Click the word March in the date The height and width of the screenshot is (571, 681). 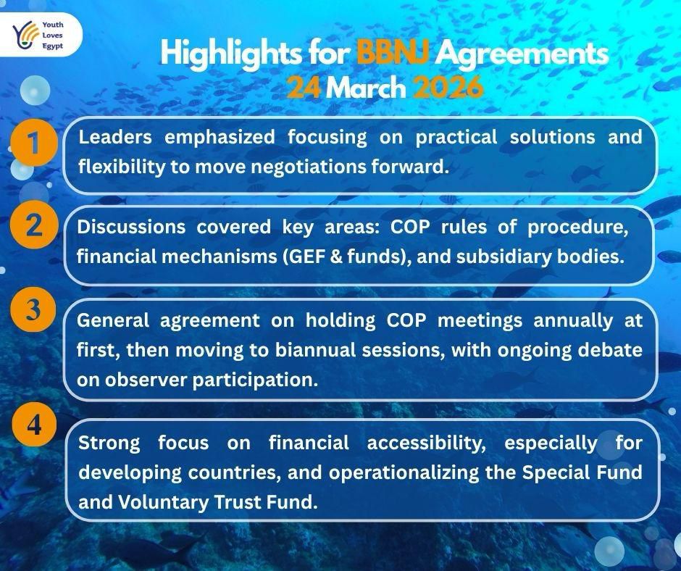pos(366,88)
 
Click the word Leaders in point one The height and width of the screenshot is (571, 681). pos(114,137)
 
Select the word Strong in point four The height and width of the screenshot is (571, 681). pos(108,441)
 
